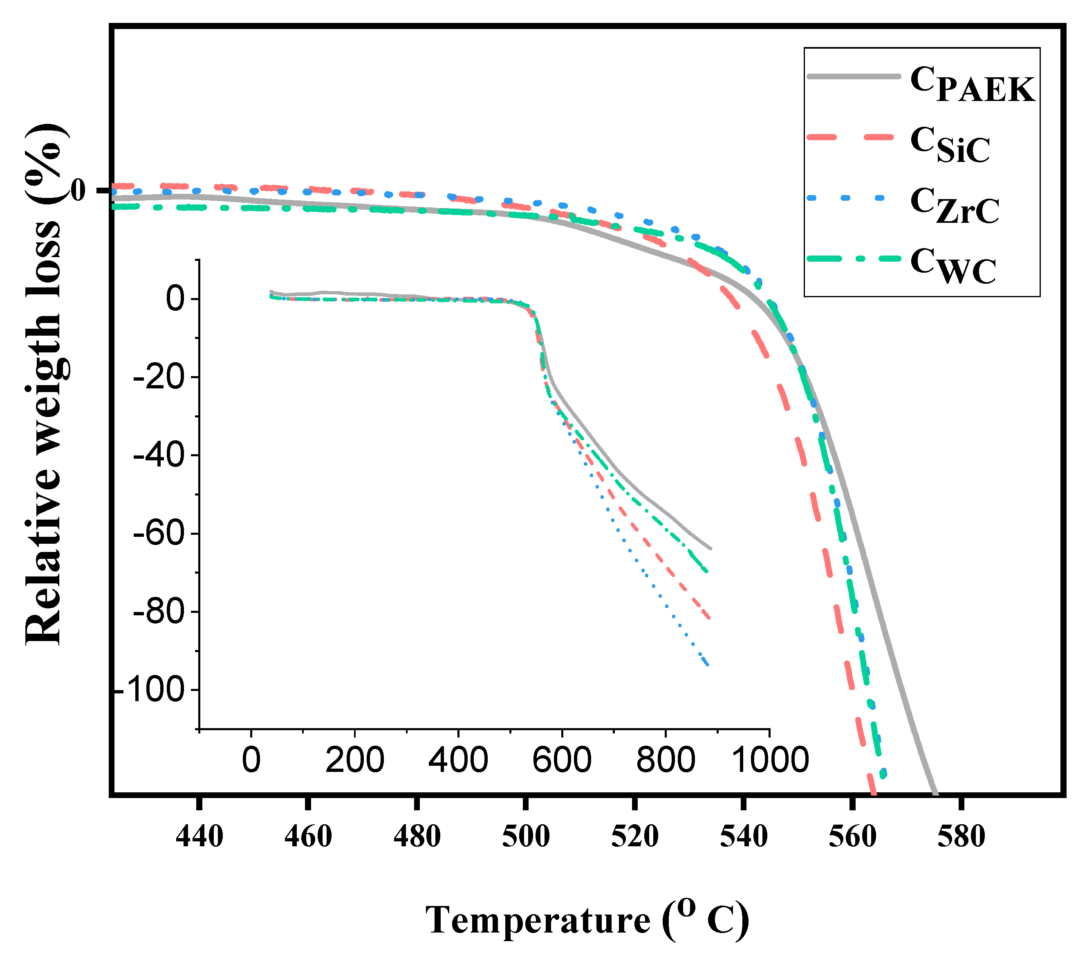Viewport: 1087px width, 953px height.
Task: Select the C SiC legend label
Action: [949, 145]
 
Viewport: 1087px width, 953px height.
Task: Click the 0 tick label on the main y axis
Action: [78, 191]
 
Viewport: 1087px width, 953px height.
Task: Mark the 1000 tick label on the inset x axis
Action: [769, 760]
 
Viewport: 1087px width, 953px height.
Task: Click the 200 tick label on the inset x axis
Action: [354, 760]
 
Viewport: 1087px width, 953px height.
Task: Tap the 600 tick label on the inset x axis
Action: [562, 760]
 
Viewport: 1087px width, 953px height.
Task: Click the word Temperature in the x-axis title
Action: [538, 920]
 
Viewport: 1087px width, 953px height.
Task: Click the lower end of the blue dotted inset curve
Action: [707, 665]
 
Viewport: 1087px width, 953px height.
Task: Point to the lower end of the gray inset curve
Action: [711, 548]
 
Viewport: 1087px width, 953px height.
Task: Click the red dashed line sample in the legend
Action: [853, 137]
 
